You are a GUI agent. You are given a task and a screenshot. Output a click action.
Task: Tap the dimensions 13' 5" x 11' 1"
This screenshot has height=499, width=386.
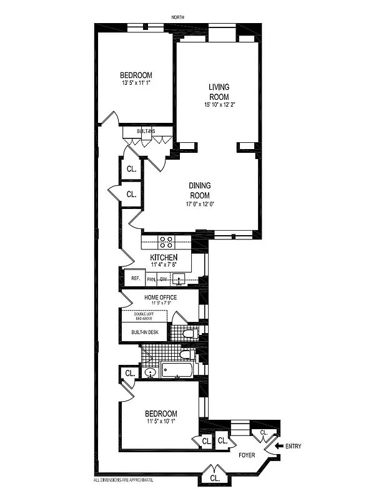pos(137,82)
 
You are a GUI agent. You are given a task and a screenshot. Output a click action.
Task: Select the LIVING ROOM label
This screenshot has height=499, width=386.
pos(219,92)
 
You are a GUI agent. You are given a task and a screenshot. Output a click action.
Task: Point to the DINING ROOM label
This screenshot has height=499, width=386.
pos(200,190)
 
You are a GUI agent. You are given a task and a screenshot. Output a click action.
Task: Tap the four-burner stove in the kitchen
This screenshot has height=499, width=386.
pos(166,242)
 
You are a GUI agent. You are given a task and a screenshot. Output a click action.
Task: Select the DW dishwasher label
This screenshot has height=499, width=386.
pos(163,279)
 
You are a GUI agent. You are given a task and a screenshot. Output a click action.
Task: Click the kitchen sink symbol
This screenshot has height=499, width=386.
pos(179,280)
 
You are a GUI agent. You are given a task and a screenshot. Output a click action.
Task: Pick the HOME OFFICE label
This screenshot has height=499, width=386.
pos(161,298)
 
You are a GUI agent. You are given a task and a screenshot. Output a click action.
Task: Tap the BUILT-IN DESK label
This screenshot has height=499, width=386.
pos(144,332)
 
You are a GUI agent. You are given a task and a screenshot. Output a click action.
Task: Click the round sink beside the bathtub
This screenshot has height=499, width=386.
pos(150,373)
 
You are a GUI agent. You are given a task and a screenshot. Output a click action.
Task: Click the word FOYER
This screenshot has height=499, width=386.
pos(247,455)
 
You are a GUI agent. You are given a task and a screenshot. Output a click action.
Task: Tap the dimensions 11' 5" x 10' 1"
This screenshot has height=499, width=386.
pos(161,422)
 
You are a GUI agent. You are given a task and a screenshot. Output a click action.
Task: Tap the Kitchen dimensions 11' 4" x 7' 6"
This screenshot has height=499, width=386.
pos(164,264)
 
